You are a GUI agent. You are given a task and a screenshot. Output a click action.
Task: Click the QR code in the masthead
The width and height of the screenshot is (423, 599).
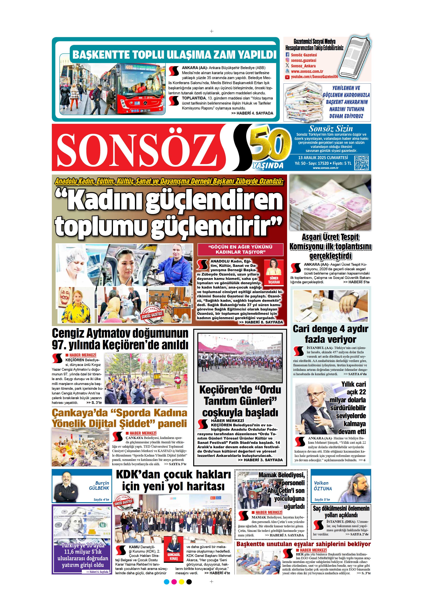(x=362, y=163)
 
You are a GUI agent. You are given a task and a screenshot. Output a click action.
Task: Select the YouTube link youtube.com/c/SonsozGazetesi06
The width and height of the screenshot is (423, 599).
(x=314, y=77)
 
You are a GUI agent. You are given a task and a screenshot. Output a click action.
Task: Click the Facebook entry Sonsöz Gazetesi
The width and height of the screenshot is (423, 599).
(x=304, y=55)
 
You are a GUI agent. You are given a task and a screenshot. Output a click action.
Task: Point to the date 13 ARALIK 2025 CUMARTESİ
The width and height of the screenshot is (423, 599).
(x=323, y=158)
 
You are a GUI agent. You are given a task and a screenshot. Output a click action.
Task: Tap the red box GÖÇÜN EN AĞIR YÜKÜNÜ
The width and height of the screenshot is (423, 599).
(x=240, y=249)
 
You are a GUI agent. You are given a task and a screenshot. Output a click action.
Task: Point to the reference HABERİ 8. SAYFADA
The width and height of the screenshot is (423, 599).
(x=261, y=322)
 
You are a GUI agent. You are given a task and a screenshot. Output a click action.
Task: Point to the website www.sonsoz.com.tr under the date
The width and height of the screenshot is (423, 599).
(x=325, y=168)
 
